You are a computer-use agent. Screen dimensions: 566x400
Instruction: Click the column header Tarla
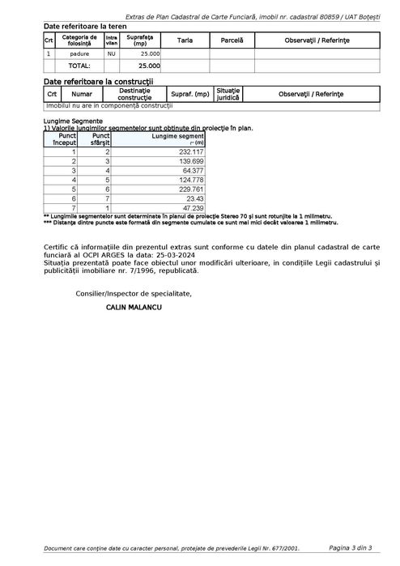click(x=185, y=40)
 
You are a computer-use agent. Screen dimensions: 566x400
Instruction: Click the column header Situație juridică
click(x=228, y=95)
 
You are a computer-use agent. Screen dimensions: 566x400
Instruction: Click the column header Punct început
click(x=64, y=138)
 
